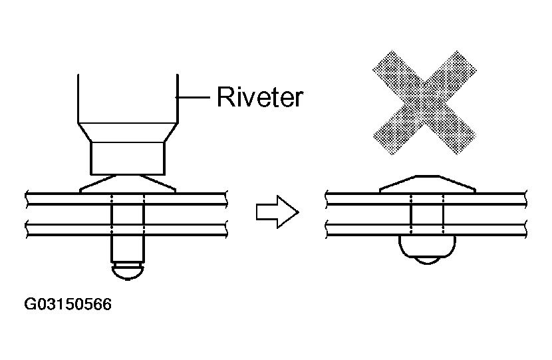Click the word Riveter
click(x=260, y=97)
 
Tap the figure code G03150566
click(x=68, y=304)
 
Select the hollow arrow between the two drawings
click(x=277, y=212)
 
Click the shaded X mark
click(x=424, y=102)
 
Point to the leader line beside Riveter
click(x=193, y=97)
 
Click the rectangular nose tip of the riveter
click(x=128, y=158)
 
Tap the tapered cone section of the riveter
click(x=128, y=132)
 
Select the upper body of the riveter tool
click(x=128, y=98)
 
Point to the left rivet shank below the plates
click(x=128, y=249)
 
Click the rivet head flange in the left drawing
click(x=128, y=184)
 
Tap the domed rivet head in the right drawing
click(x=428, y=184)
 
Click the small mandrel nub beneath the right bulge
click(x=428, y=261)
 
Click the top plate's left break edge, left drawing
click(x=27, y=199)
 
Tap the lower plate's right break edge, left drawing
click(x=226, y=229)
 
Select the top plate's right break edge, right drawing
click(x=525, y=199)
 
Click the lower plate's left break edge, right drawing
click(x=327, y=229)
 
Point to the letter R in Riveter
click(x=225, y=96)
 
